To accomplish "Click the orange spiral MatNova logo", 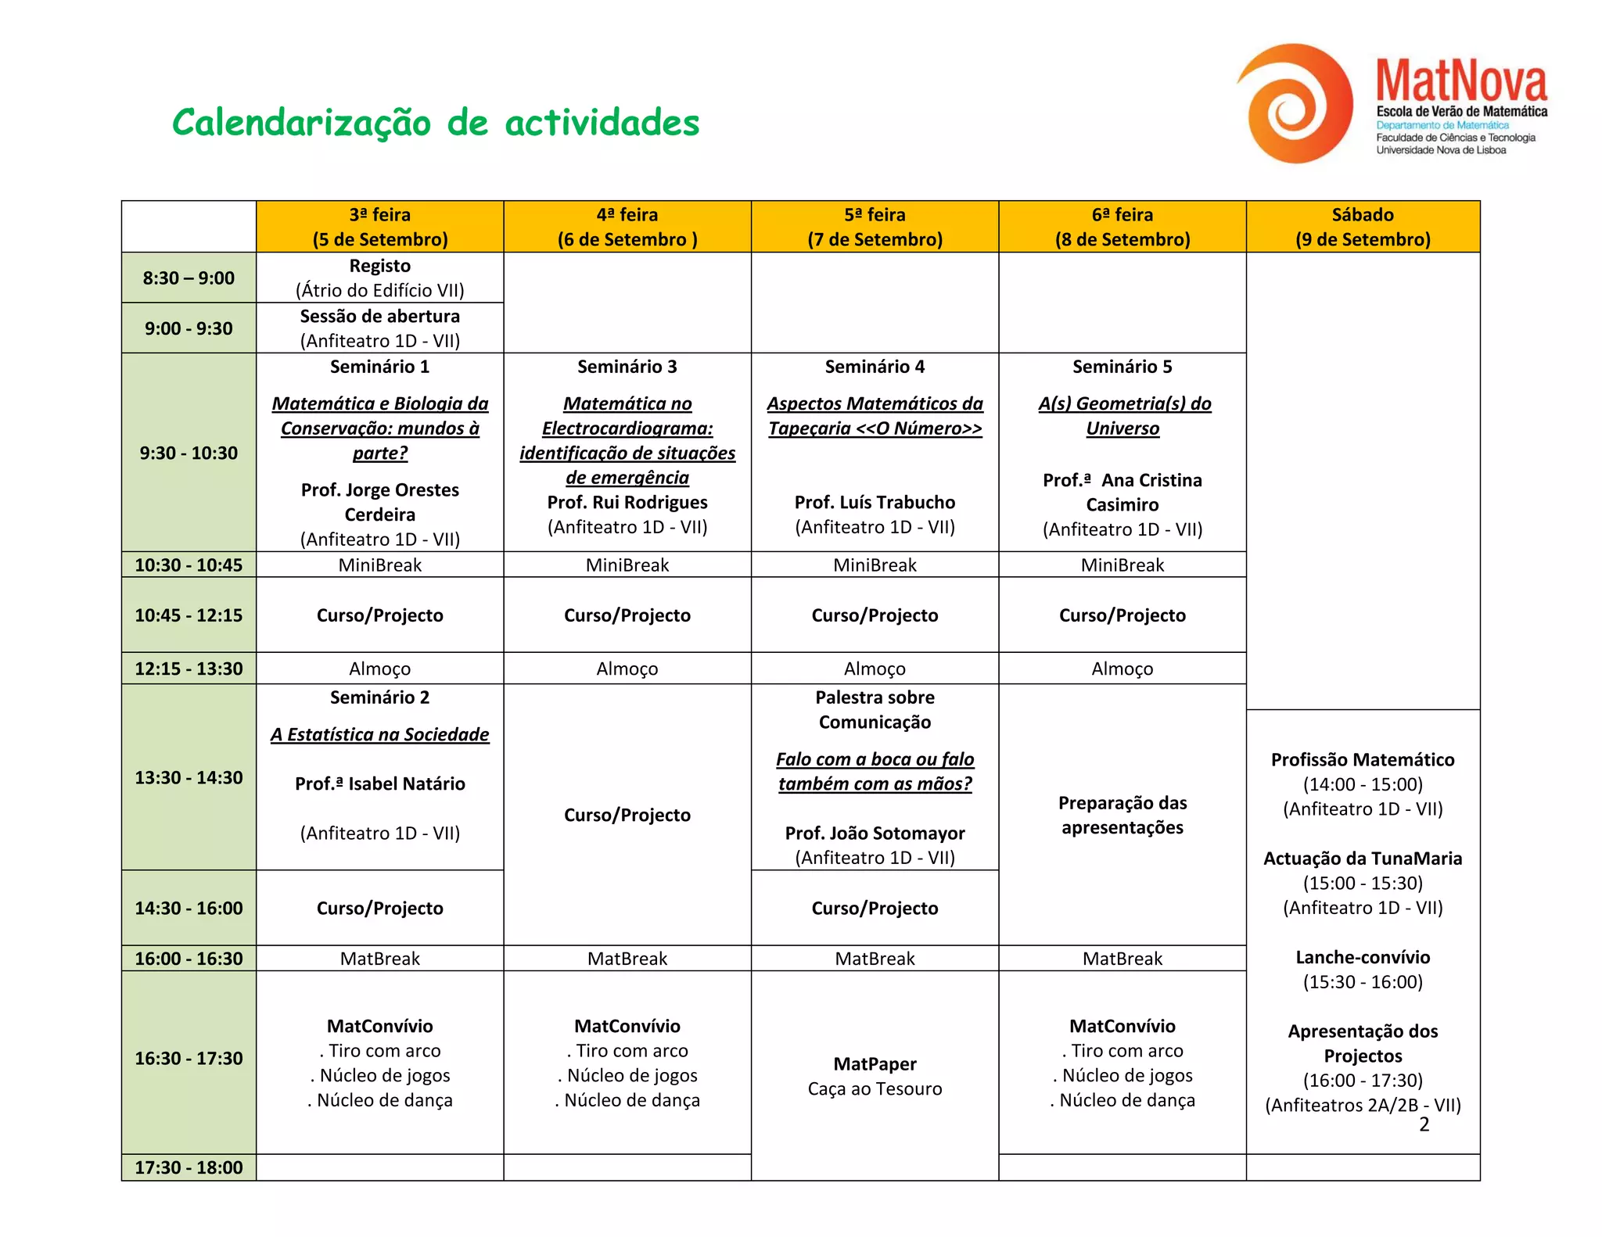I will click(1295, 103).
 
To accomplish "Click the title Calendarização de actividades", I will click(436, 123).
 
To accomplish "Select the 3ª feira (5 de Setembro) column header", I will click(379, 227).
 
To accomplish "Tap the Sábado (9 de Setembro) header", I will click(1362, 227).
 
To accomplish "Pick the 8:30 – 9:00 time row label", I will click(189, 278).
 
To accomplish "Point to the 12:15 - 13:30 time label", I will click(189, 669).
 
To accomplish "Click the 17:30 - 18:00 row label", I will click(189, 1167).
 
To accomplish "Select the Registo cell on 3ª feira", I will click(379, 278).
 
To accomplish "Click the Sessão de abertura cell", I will click(379, 328).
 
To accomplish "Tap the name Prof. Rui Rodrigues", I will click(627, 502).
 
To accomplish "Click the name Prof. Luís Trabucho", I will click(875, 502).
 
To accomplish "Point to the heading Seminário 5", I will click(1122, 367).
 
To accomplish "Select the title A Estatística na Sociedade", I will click(379, 734).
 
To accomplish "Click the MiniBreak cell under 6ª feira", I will click(1122, 565).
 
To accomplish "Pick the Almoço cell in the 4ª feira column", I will click(627, 669).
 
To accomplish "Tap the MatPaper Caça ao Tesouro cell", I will click(875, 1076).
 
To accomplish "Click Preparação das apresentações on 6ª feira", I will click(1122, 815).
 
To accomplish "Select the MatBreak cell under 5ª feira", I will click(875, 959).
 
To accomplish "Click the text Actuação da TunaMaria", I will click(1362, 859).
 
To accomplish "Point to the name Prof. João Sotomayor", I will click(875, 833).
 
